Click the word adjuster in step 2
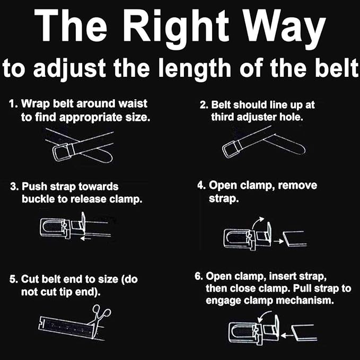click(x=254, y=117)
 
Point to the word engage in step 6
click(x=226, y=300)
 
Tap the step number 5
click(x=13, y=279)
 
